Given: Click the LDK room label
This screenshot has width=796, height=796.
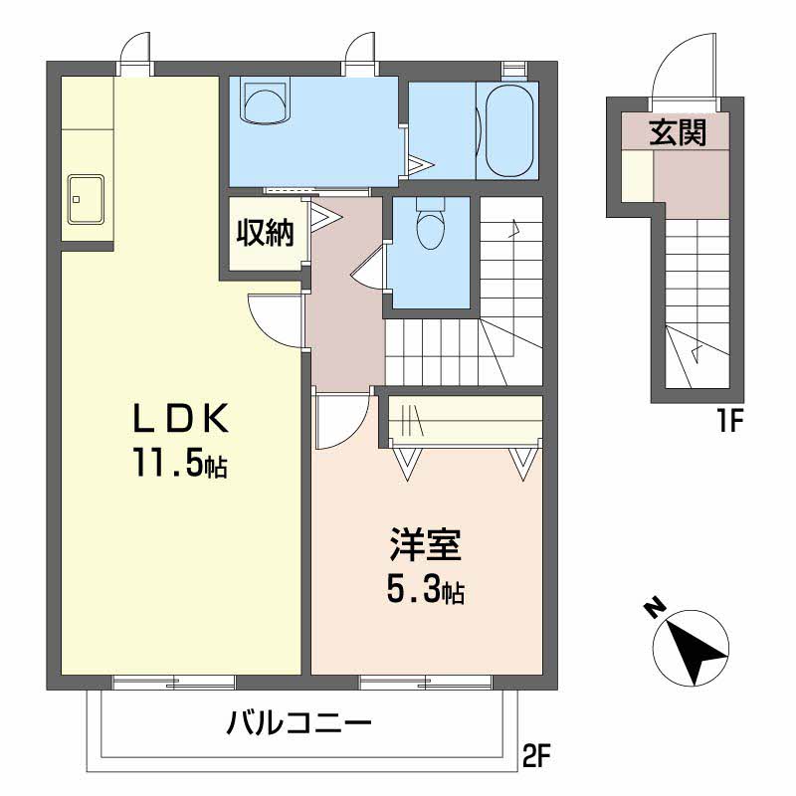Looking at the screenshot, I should [182, 419].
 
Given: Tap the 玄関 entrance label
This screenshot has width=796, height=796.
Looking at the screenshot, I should [679, 132].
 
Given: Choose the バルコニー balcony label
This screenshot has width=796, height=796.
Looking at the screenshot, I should [299, 722].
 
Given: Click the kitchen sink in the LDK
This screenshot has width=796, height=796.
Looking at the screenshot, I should [86, 199].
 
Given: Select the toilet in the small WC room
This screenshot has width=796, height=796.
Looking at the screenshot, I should [430, 225].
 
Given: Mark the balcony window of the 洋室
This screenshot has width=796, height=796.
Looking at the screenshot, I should [426, 683].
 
